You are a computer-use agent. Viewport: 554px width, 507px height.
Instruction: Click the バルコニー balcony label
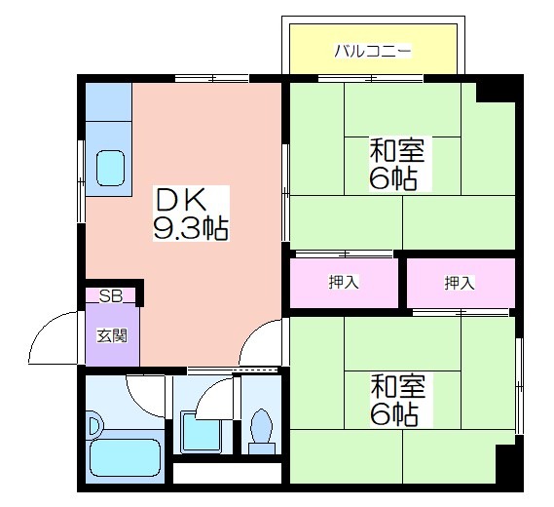pos(373,52)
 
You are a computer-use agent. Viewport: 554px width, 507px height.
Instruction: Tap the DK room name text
pos(181,199)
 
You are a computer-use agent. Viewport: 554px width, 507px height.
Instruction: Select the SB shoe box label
pos(110,296)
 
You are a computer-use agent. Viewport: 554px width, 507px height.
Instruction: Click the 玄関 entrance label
pos(112,335)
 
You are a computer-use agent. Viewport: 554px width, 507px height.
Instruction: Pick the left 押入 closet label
pos(344,283)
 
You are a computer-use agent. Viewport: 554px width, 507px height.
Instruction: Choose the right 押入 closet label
pos(460,283)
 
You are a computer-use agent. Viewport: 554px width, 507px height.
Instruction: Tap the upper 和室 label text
pos(397,150)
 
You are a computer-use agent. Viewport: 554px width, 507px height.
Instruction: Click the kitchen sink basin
pos(111,168)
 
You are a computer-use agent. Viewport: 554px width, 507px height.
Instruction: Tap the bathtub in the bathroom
pos(125,458)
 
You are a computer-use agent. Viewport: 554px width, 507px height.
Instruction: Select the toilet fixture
pos(262,432)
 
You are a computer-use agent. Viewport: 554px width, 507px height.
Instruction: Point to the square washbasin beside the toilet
pos(201,432)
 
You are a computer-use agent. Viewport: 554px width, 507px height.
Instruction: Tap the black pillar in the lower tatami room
pos(505,464)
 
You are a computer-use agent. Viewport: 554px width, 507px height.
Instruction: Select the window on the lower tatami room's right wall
pos(519,386)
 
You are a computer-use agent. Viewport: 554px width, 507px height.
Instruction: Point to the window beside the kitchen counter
pos(81,181)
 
